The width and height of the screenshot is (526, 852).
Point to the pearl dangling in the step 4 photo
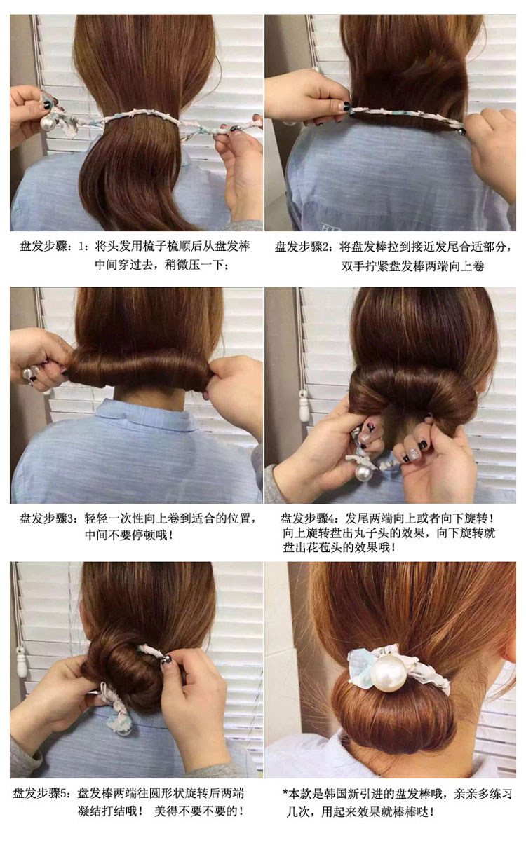[x=363, y=473]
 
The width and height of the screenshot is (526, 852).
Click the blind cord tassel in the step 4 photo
[x=304, y=405]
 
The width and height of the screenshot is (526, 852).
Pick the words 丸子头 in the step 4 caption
[x=364, y=532]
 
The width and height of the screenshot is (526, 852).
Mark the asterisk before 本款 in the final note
[x=285, y=792]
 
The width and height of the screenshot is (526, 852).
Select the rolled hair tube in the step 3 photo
[x=141, y=368]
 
